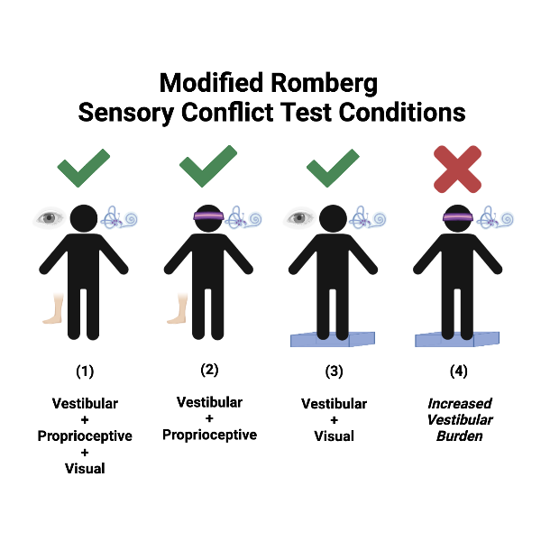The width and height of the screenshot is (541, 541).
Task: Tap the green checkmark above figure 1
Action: pyautogui.click(x=84, y=168)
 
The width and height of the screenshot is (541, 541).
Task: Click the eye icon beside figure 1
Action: pyautogui.click(x=50, y=217)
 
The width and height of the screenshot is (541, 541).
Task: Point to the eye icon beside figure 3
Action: pyautogui.click(x=300, y=217)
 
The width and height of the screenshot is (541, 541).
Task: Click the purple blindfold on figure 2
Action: pyautogui.click(x=209, y=218)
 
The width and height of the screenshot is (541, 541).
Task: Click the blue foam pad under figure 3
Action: pyautogui.click(x=334, y=339)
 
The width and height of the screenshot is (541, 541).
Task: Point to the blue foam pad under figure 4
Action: pyautogui.click(x=459, y=339)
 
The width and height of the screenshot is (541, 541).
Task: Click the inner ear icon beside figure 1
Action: pyautogui.click(x=119, y=217)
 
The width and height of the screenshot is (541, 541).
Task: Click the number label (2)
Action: pyautogui.click(x=209, y=370)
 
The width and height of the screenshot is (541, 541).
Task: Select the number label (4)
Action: pyautogui.click(x=459, y=371)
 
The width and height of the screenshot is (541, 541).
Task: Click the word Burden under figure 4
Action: pyautogui.click(x=459, y=436)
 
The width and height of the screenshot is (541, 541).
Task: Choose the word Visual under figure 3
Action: pyautogui.click(x=334, y=436)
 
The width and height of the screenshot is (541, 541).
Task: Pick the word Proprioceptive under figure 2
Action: pyautogui.click(x=209, y=435)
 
